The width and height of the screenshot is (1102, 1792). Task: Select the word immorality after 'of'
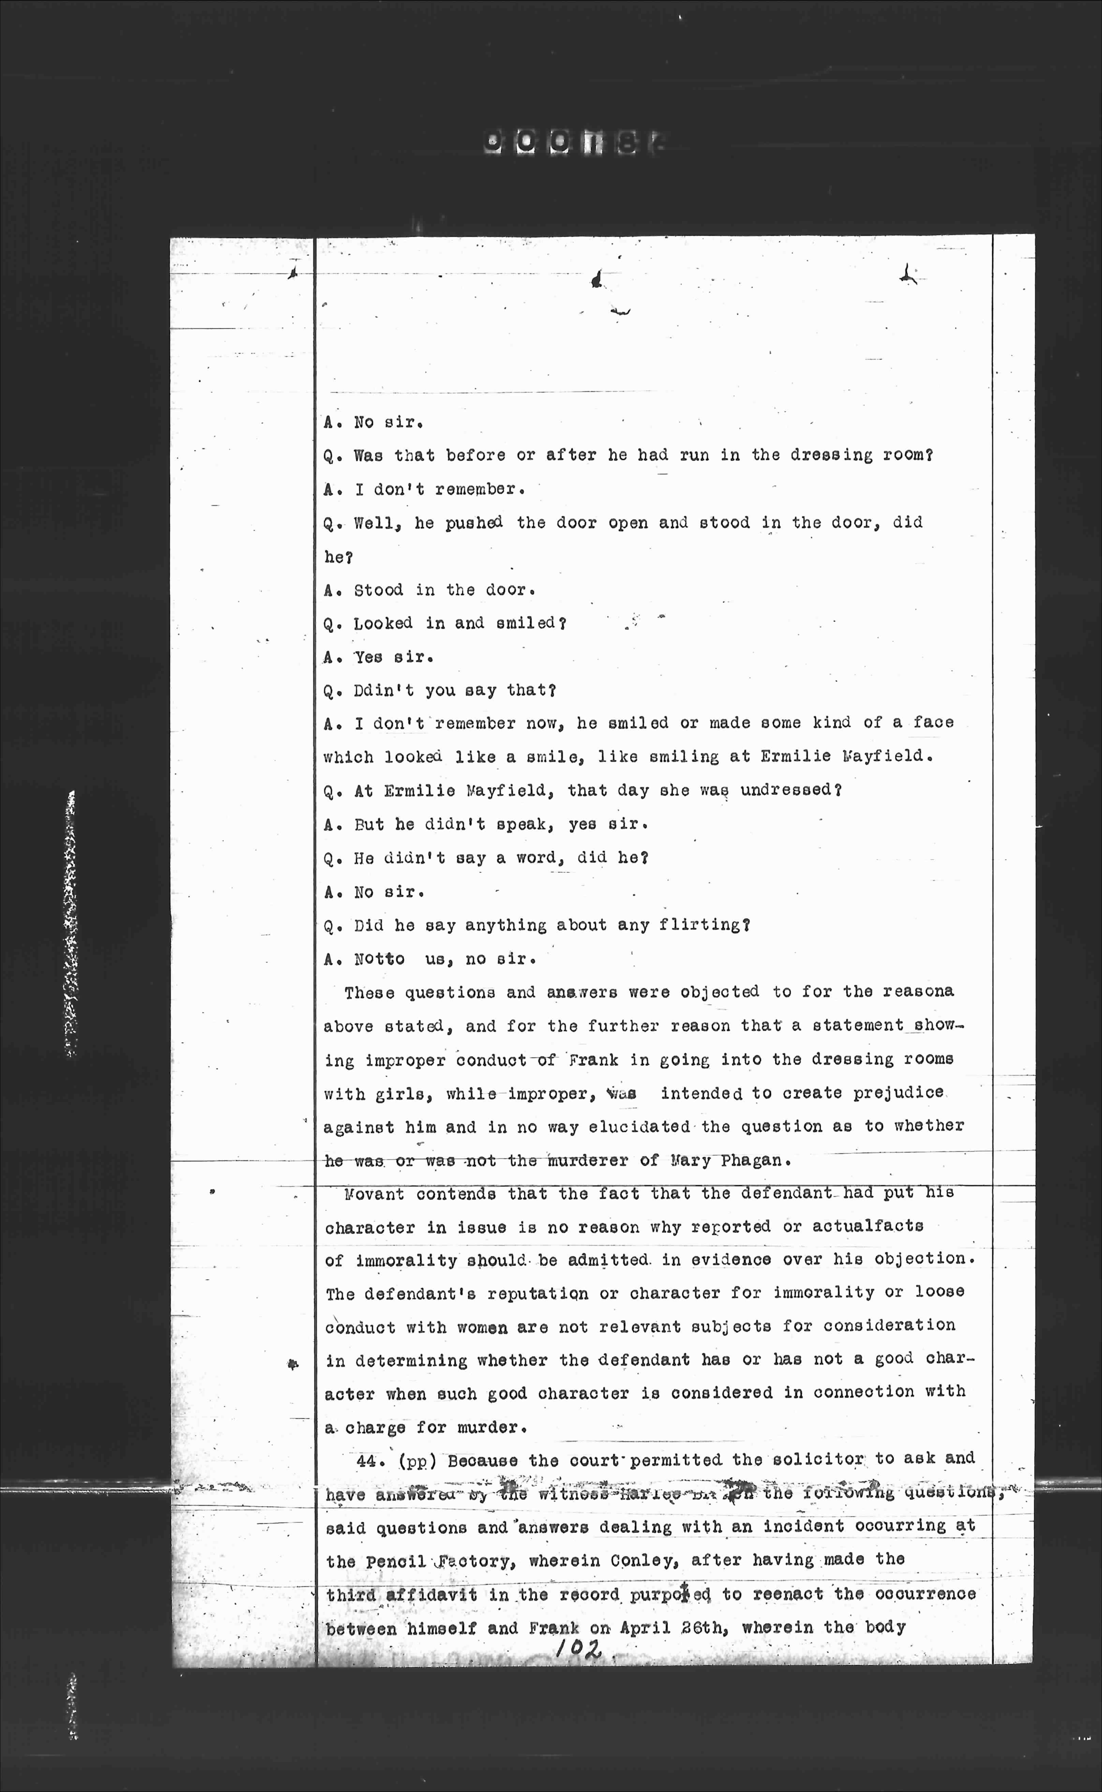click(406, 1261)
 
